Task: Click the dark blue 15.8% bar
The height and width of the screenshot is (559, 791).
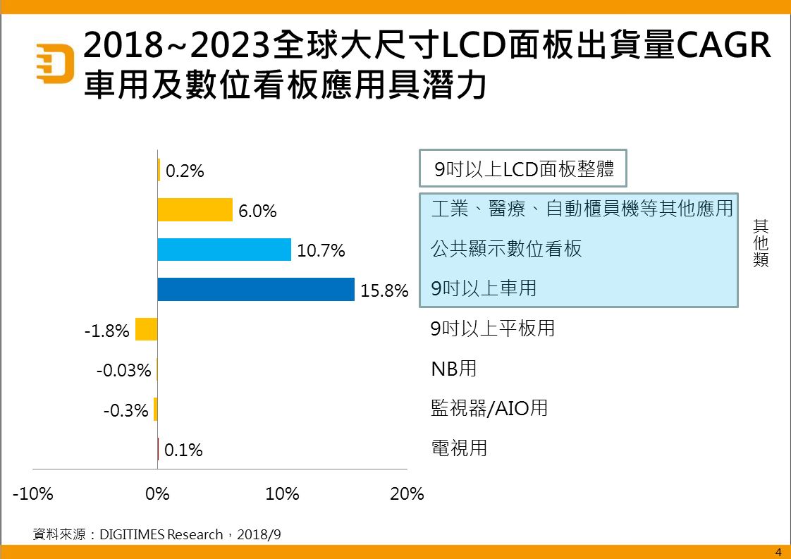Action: tap(256, 290)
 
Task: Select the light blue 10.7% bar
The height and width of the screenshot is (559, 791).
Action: tap(224, 250)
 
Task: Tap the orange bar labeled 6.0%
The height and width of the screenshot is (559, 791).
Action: tap(195, 210)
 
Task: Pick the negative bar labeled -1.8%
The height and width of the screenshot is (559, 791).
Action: tap(146, 329)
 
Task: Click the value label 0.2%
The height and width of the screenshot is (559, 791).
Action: tap(185, 171)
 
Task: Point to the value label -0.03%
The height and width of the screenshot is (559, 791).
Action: tap(124, 370)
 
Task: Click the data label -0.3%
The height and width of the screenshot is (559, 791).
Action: tap(125, 410)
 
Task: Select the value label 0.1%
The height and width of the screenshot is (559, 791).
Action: tap(183, 450)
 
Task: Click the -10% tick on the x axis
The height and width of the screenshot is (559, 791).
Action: tap(33, 493)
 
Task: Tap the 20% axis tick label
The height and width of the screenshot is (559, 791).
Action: tap(407, 493)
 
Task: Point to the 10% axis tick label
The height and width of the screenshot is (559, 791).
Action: tap(282, 493)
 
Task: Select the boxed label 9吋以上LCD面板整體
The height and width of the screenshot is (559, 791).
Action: tap(523, 169)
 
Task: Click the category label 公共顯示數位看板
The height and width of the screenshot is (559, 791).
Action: tap(506, 249)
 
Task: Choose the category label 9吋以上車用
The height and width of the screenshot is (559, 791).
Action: tap(484, 288)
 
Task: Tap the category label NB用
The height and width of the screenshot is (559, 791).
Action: tap(454, 368)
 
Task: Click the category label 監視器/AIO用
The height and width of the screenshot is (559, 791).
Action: tap(489, 408)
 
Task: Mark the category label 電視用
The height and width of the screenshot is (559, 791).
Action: tap(459, 448)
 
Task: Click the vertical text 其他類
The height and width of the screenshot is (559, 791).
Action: tap(760, 243)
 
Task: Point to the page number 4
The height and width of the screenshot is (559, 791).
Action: tap(778, 552)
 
